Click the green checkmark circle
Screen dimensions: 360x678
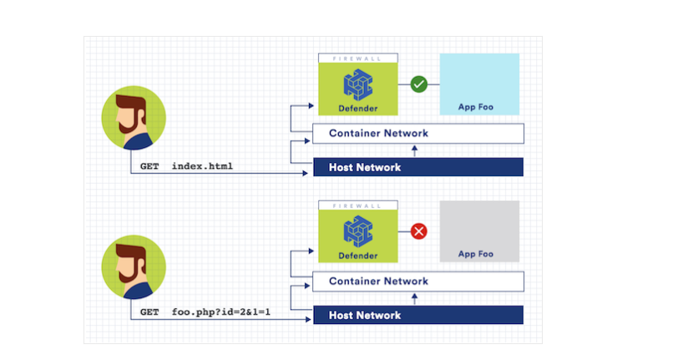click(419, 84)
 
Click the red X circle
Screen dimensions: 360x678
click(419, 231)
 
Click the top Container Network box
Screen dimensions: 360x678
click(417, 134)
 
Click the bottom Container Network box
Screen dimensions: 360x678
click(417, 281)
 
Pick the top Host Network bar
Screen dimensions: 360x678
click(417, 167)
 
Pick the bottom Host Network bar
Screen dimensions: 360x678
click(417, 315)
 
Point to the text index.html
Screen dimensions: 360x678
click(202, 167)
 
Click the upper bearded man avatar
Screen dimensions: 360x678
click(134, 120)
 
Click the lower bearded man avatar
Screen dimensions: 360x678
click(134, 268)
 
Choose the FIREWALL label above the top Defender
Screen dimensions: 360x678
click(357, 58)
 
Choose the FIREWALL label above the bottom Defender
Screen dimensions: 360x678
click(357, 205)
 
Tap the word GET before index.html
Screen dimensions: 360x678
click(149, 167)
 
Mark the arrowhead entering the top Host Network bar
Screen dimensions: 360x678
click(306, 174)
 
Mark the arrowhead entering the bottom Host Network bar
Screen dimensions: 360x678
click(306, 322)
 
